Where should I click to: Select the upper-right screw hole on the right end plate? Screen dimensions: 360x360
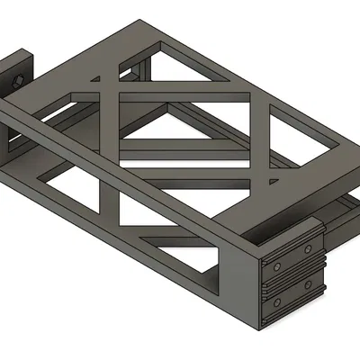pyautogui.click(x=310, y=249)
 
